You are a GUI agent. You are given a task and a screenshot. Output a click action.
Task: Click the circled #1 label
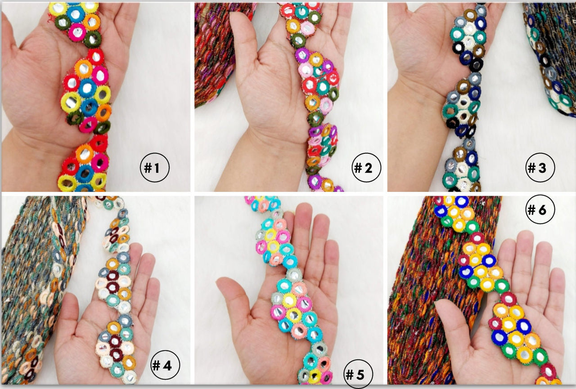pyautogui.click(x=154, y=168)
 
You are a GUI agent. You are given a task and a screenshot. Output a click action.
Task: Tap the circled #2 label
pyautogui.click(x=366, y=168)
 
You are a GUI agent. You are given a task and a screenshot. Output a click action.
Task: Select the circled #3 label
pyautogui.click(x=540, y=168)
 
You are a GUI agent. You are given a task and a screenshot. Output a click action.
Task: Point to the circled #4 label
pyautogui.click(x=165, y=365)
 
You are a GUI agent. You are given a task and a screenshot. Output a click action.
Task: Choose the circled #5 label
pyautogui.click(x=358, y=374)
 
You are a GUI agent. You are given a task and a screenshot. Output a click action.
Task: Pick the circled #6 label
pyautogui.click(x=540, y=209)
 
